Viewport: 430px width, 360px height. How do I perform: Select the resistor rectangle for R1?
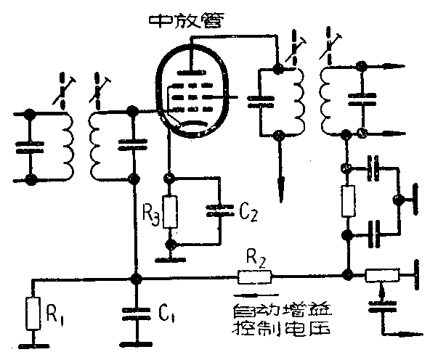point(31,313)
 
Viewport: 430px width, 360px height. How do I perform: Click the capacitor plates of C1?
point(134,314)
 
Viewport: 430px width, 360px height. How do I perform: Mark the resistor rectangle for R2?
point(253,276)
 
